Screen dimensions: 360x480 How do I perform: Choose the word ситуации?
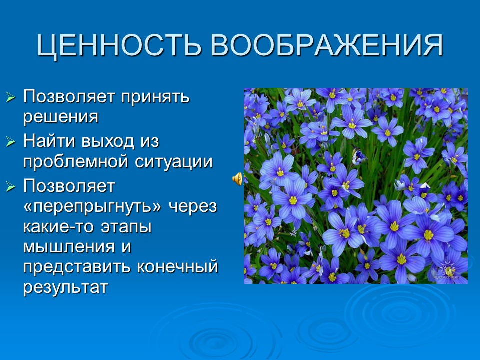pos(175,162)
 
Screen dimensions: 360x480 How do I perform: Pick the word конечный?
pos(178,267)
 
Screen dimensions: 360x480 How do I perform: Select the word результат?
pos(65,288)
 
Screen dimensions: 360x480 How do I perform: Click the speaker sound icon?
pos(238,178)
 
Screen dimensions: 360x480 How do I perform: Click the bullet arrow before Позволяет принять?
pos(11,97)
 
